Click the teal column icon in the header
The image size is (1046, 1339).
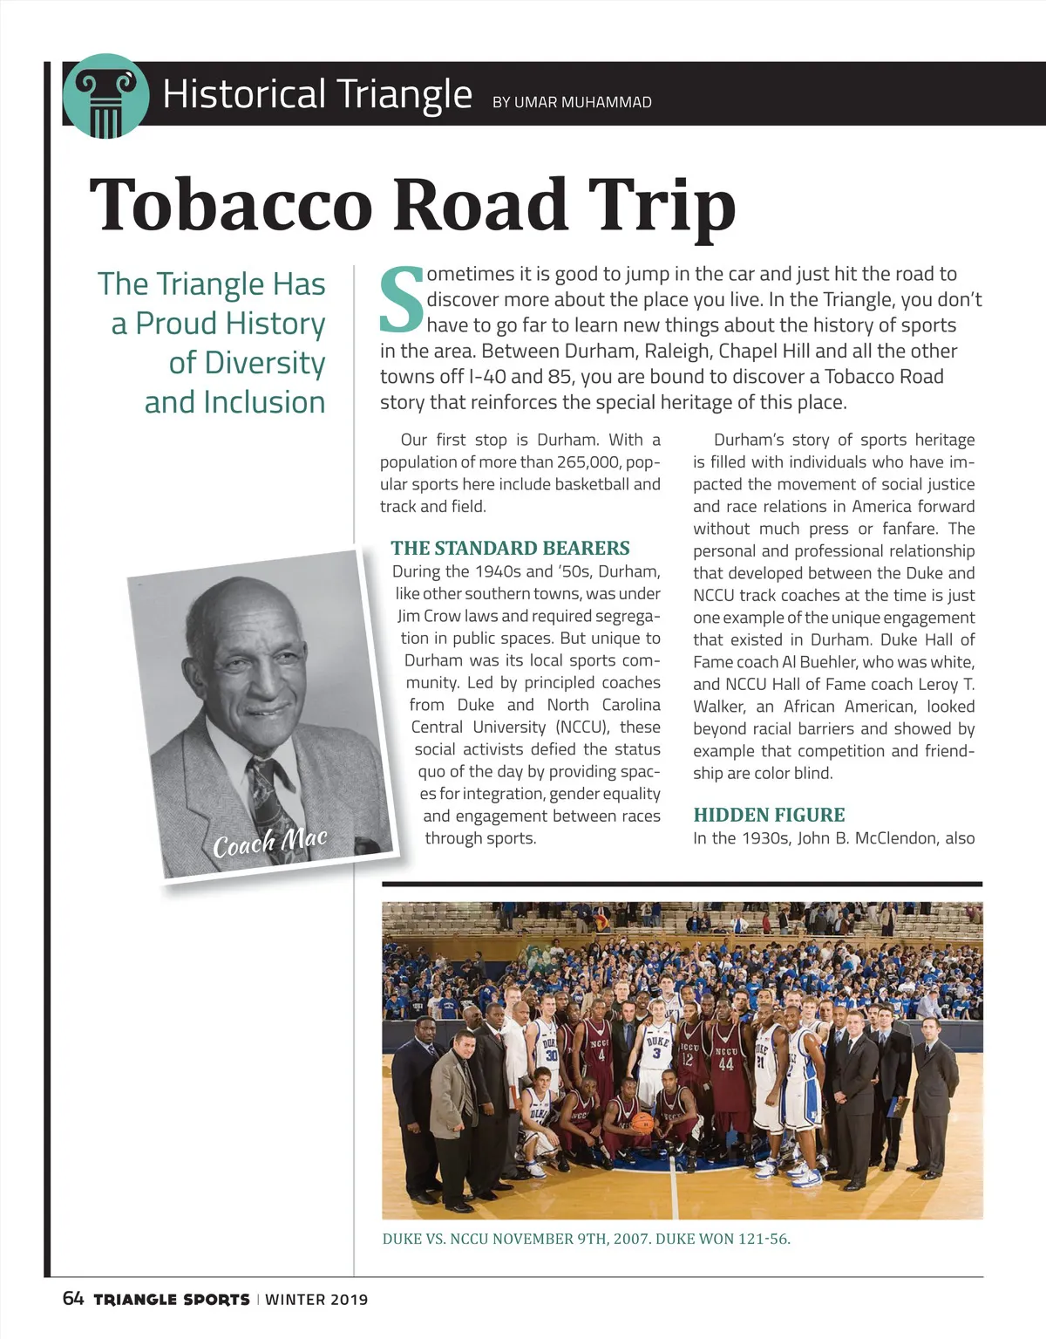[x=105, y=96]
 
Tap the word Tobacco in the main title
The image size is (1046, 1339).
[x=231, y=205]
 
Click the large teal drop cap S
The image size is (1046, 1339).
[x=402, y=301]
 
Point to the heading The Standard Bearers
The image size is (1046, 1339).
[x=510, y=548]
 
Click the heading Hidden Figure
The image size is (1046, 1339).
[x=769, y=815]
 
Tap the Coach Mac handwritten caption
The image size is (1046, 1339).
[x=270, y=843]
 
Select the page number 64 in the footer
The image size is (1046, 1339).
[x=73, y=1299]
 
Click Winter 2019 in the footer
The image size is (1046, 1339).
[x=316, y=1300]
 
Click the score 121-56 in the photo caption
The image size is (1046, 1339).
[x=764, y=1239]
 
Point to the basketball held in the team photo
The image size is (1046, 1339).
[x=642, y=1122]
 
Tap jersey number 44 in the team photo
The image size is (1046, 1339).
[x=726, y=1064]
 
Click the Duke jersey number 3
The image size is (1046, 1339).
[x=656, y=1053]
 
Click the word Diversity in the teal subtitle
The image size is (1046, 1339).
[x=247, y=363]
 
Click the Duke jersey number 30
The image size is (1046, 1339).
[x=551, y=1054]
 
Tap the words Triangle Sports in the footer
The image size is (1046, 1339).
[x=171, y=1300]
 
